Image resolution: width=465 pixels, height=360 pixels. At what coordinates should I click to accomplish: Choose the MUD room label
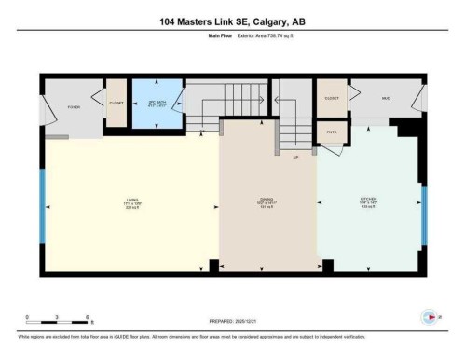coord(384,97)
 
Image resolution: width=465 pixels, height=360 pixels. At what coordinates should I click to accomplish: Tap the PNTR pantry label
coord(331,133)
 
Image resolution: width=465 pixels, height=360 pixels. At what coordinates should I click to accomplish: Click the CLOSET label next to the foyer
coord(116,104)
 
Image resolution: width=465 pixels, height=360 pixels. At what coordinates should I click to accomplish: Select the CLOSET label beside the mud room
coord(331,97)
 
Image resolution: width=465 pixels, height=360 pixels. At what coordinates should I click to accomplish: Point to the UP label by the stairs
coord(296,157)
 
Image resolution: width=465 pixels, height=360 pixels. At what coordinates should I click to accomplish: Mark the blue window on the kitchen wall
coord(424,217)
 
